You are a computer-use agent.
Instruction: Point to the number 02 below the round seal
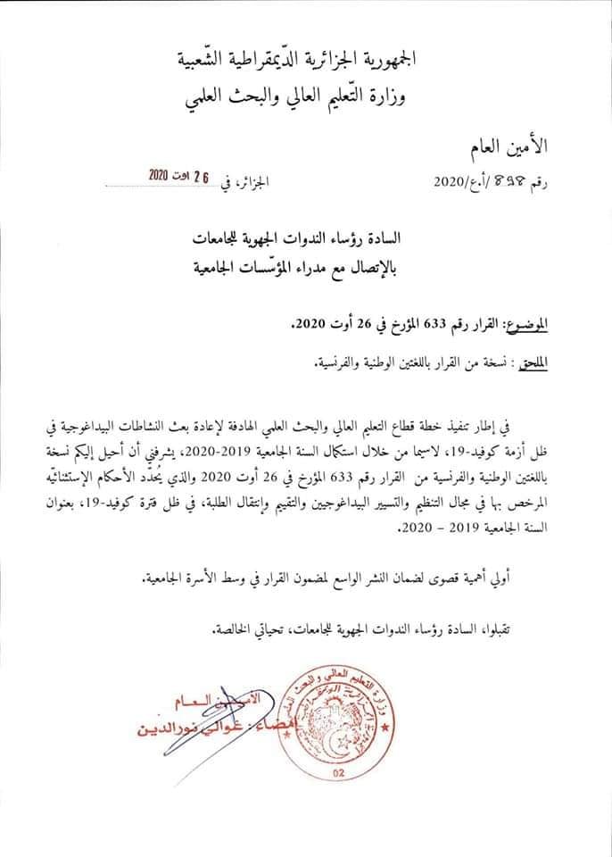pyautogui.click(x=339, y=775)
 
